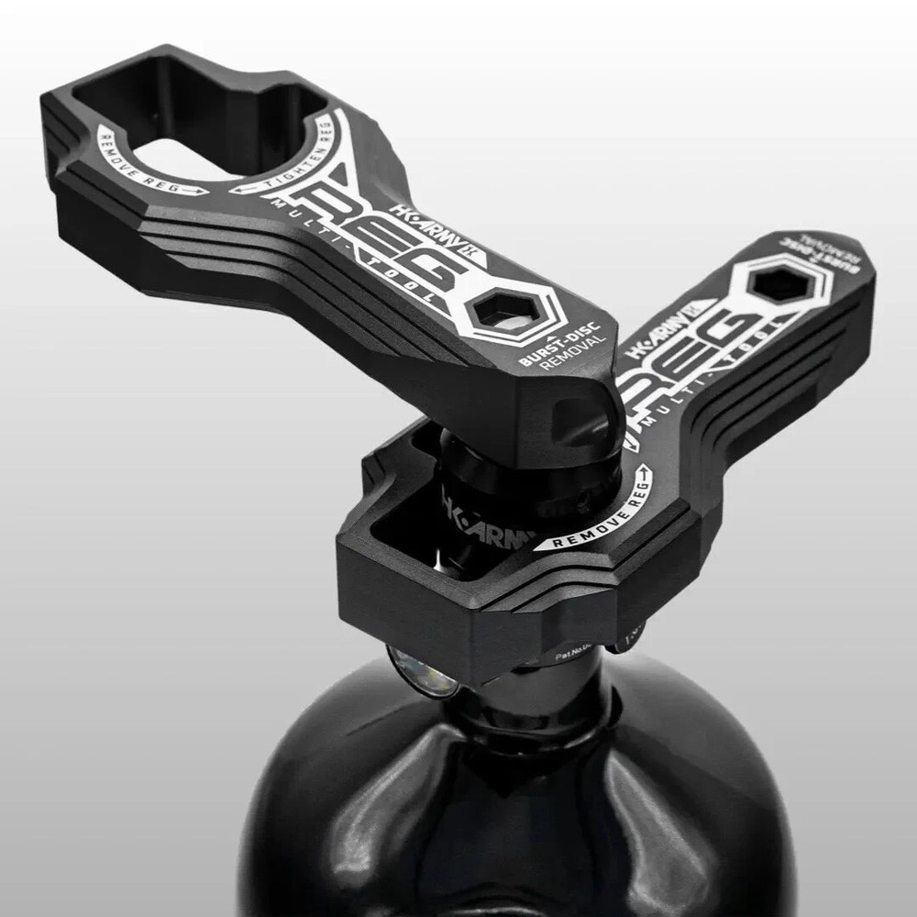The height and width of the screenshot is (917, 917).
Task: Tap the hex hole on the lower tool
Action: pyautogui.click(x=780, y=285)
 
